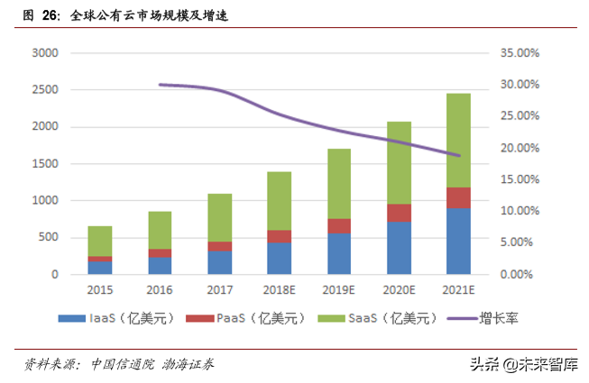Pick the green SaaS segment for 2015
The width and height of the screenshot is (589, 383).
(x=100, y=241)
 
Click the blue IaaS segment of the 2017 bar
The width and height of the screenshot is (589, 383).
(x=219, y=262)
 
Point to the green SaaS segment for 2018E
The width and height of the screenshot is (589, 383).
(x=279, y=201)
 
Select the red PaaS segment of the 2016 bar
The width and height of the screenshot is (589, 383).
(x=160, y=253)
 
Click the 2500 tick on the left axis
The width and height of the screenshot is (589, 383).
(x=45, y=90)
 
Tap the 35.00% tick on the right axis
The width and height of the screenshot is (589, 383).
(x=520, y=53)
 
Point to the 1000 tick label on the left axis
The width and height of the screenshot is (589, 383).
(x=45, y=200)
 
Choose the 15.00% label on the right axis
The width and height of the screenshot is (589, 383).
(x=520, y=179)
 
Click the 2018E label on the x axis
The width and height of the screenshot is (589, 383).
(x=280, y=291)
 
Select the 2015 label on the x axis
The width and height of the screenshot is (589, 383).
(x=100, y=291)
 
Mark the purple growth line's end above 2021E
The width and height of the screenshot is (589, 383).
(x=459, y=156)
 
